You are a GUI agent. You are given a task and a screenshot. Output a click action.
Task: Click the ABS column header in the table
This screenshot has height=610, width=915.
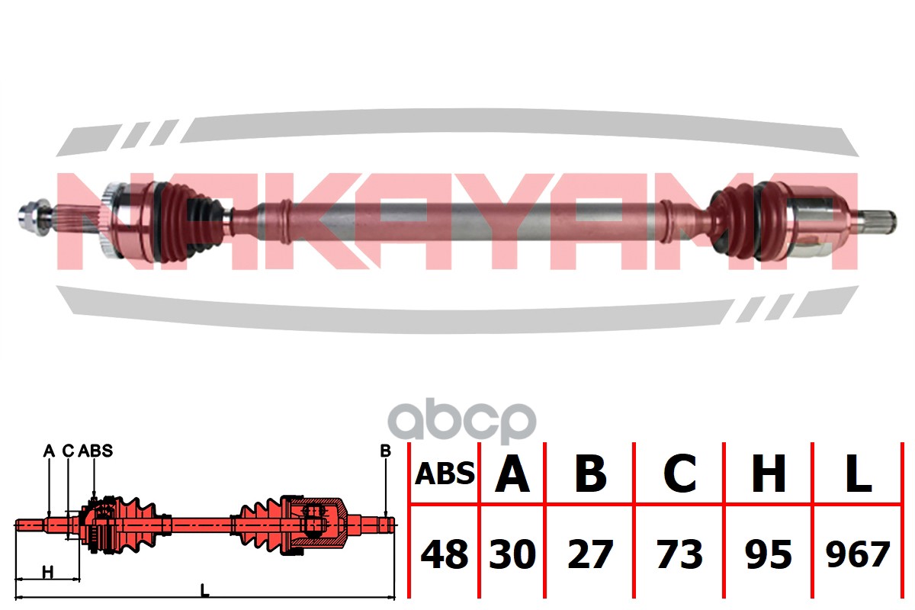[x=445, y=474]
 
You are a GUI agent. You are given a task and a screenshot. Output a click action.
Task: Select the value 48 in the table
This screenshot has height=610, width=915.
[x=445, y=554]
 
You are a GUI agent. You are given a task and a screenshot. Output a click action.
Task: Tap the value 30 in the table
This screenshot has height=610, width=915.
[x=512, y=554]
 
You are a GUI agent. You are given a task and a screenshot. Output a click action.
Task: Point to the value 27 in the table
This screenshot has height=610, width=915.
[x=589, y=554]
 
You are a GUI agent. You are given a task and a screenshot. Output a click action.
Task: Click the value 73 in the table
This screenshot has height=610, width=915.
[x=679, y=554]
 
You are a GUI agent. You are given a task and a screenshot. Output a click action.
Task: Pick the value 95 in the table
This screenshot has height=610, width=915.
[x=768, y=554]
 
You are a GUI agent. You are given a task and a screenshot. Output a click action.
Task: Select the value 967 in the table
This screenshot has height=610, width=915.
[x=858, y=554]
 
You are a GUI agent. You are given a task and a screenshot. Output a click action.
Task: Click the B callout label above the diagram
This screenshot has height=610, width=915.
[x=385, y=451]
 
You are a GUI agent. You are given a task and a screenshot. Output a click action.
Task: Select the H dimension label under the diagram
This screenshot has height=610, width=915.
[x=47, y=572]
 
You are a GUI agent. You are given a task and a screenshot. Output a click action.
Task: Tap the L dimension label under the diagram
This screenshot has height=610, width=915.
[x=204, y=589]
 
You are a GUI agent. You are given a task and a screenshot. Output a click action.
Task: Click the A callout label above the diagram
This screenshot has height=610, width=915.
[x=49, y=451]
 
